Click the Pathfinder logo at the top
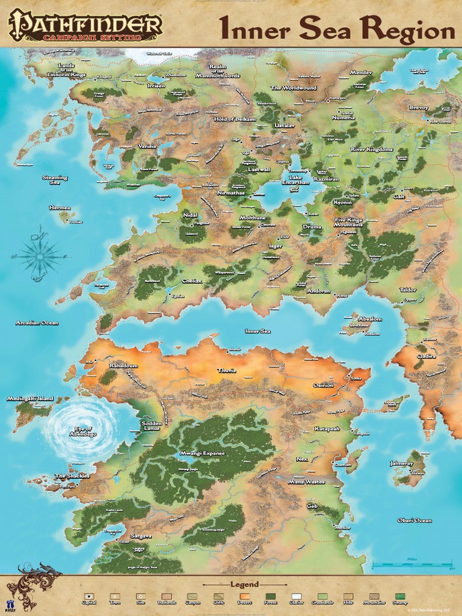(x=85, y=25)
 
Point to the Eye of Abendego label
(x=83, y=431)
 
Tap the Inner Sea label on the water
(x=257, y=331)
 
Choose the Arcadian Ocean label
(x=37, y=323)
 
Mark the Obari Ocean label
(x=414, y=520)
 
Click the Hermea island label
(x=60, y=208)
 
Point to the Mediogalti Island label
(x=30, y=398)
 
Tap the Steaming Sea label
(x=55, y=179)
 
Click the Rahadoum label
(x=123, y=365)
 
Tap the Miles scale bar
(x=412, y=565)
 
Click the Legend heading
(x=244, y=584)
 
